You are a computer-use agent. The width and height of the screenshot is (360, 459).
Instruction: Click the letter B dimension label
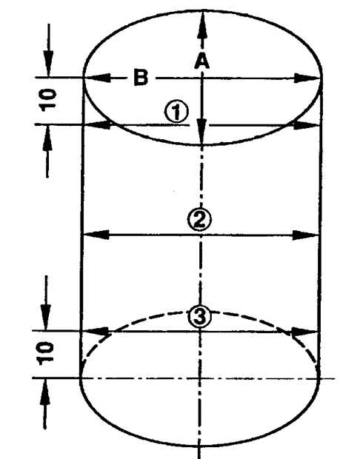point(141,78)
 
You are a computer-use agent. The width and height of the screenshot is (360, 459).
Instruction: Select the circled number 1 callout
point(176,112)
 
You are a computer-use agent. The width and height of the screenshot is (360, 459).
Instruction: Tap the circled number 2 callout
point(199,220)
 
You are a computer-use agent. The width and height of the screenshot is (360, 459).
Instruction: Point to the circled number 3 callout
point(199,318)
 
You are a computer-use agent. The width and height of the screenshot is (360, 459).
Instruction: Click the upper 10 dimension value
point(48,101)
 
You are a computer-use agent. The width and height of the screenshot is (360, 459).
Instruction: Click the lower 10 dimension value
point(45,354)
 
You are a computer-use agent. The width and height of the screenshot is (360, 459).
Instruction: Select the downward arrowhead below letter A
point(201,131)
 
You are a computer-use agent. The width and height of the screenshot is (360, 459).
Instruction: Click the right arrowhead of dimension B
point(307,78)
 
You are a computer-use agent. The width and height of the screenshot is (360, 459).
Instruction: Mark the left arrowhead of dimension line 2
point(96,235)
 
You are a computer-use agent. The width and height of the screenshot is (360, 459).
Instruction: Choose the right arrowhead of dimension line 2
point(305,235)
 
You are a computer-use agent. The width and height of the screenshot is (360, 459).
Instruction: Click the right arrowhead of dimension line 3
point(304,332)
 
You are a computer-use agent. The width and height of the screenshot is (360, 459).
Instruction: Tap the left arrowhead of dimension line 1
point(98,125)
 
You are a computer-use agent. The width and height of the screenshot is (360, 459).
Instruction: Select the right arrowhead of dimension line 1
point(307,125)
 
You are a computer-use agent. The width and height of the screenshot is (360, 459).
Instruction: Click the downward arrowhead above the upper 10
point(49,64)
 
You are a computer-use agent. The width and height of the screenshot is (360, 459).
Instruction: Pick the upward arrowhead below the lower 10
point(45,392)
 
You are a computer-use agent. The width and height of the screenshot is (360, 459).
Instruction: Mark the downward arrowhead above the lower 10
point(46,318)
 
